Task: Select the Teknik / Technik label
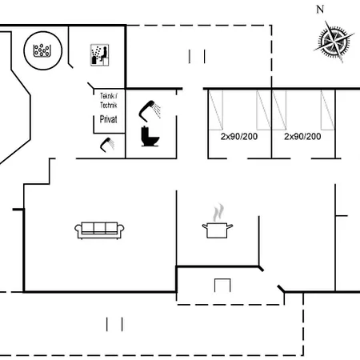click(108, 100)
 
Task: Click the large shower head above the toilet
click(150, 107)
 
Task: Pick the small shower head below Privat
click(107, 144)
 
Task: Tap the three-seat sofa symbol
click(100, 230)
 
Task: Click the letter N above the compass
click(320, 10)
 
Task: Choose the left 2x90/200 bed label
click(238, 137)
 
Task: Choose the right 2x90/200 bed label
click(302, 137)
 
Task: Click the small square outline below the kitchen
click(222, 285)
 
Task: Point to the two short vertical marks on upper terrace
click(197, 56)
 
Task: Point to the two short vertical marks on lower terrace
click(115, 323)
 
